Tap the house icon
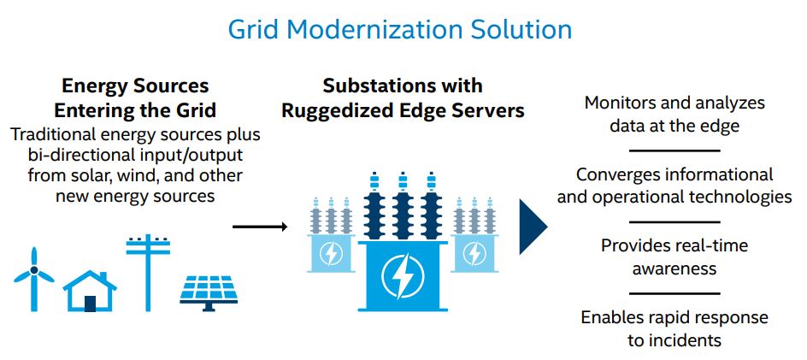[90, 291]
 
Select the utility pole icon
[148, 273]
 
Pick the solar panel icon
[209, 293]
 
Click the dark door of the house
[91, 304]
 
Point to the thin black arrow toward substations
[260, 226]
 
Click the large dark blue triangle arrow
[533, 227]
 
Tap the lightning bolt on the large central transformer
[403, 276]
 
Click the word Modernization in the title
[375, 29]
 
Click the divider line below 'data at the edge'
[674, 150]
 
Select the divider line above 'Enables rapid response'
[674, 293]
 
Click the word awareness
[674, 269]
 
